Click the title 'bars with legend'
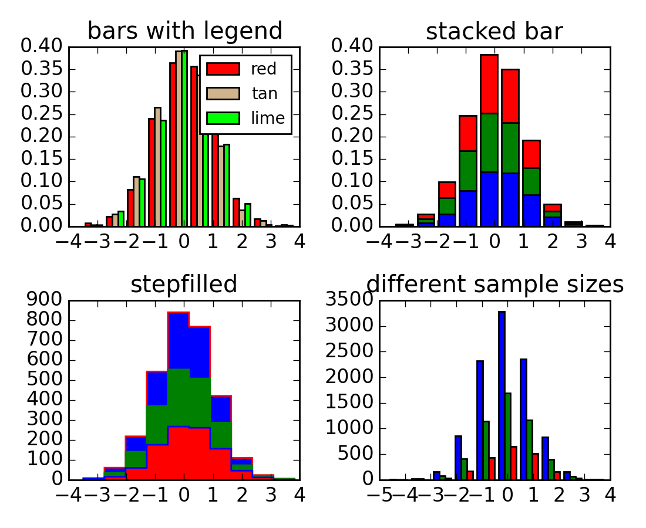tap(184, 31)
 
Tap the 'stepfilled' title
tap(184, 285)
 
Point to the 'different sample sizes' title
tap(494, 285)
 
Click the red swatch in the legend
tap(223, 69)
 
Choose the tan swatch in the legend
tap(223, 94)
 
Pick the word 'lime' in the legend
tap(268, 118)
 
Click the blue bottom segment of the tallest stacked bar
tap(489, 199)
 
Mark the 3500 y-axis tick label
tap(347, 301)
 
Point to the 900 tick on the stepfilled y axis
tap(45, 301)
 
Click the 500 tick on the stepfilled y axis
tap(45, 380)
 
